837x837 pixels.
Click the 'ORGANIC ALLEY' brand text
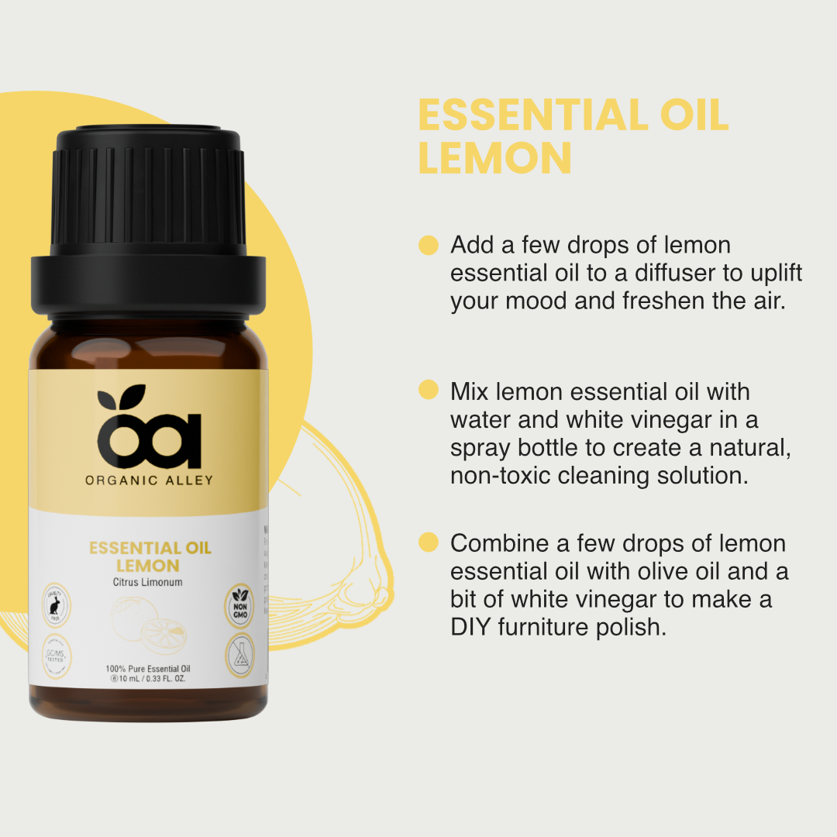[x=149, y=480]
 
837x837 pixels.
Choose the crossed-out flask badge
[x=239, y=656]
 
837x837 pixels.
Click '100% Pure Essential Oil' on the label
[x=149, y=668]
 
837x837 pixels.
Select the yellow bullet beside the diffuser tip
[x=429, y=246]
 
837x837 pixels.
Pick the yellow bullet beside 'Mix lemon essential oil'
[x=429, y=390]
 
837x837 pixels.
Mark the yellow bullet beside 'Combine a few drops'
[x=429, y=542]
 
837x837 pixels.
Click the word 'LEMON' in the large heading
[x=494, y=157]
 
